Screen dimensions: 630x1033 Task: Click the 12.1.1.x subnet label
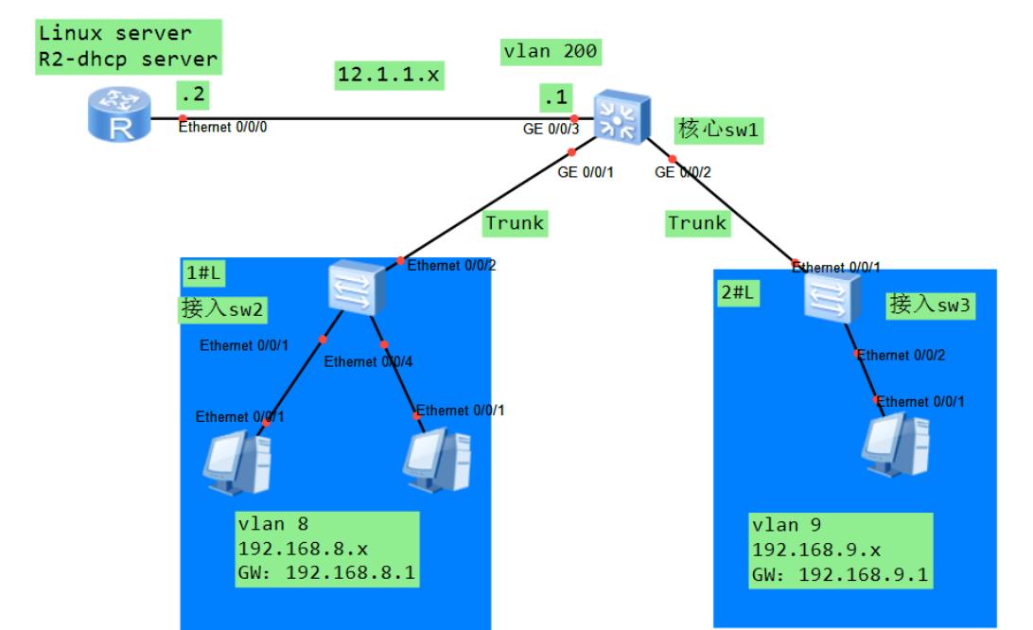click(x=389, y=75)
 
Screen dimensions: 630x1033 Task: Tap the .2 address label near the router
click(x=190, y=95)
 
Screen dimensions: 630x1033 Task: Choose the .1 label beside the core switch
click(x=554, y=96)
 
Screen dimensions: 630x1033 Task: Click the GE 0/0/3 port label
click(x=550, y=128)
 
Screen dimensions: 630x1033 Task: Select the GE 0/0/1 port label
click(x=585, y=172)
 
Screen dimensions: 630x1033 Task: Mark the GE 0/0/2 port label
click(x=683, y=172)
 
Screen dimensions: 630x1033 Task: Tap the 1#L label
click(x=202, y=272)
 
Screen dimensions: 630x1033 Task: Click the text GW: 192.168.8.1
click(x=328, y=571)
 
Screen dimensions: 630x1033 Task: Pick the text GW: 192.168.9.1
click(x=840, y=571)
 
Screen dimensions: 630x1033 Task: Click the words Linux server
click(x=114, y=34)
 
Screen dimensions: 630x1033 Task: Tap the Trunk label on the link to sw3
click(x=698, y=223)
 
